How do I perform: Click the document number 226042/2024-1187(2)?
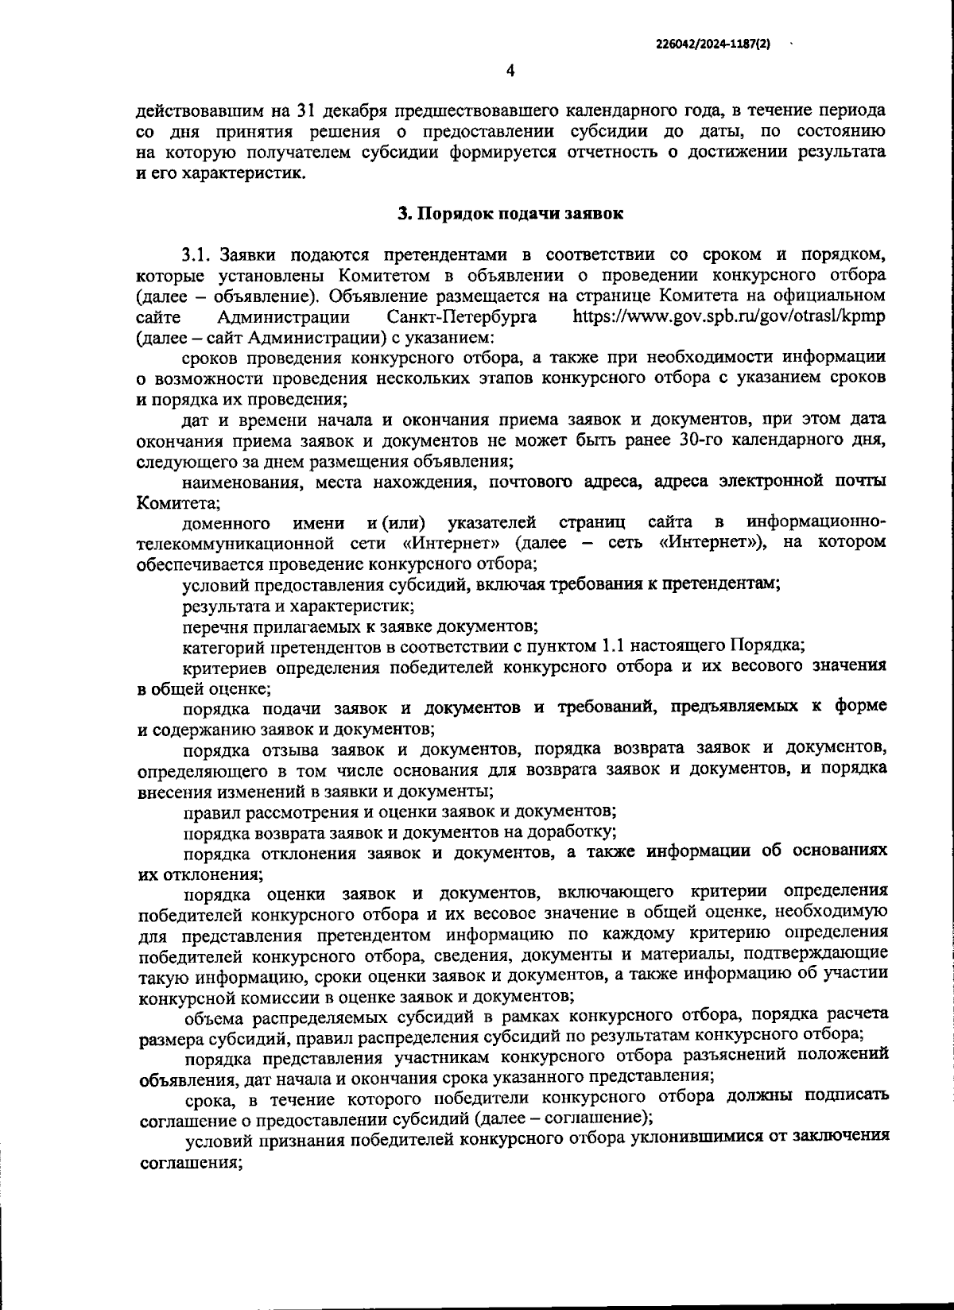point(713,45)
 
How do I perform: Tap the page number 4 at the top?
point(510,71)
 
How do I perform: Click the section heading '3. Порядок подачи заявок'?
point(510,213)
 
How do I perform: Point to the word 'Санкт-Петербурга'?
point(462,316)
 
